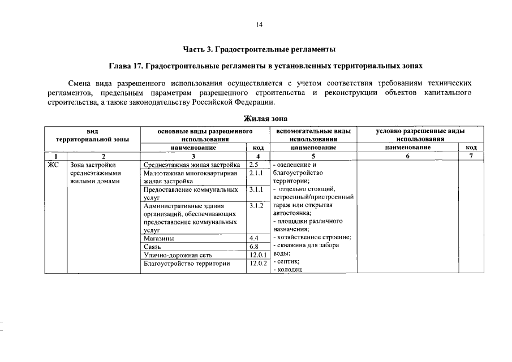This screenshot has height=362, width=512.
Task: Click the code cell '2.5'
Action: (x=253, y=165)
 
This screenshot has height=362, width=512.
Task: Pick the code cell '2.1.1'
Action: (x=256, y=173)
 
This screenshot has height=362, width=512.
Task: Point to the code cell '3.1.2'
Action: (x=257, y=206)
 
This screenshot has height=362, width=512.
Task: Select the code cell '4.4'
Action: (x=254, y=239)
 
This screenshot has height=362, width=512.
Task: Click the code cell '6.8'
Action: (x=254, y=247)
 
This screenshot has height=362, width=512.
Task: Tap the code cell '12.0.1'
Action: (x=257, y=256)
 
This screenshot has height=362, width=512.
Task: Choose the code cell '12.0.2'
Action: (x=257, y=264)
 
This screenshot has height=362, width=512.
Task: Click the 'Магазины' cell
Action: (x=159, y=239)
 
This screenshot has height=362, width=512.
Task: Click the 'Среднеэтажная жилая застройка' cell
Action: (x=192, y=165)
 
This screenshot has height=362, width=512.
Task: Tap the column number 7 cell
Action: (x=471, y=156)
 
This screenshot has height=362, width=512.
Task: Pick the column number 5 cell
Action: (x=313, y=156)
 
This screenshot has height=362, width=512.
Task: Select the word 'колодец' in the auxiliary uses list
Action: (x=289, y=270)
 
